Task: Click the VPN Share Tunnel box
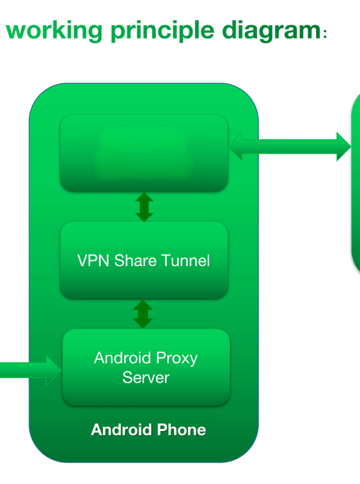(x=144, y=260)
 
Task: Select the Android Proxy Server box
(x=146, y=367)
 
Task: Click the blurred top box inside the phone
(x=144, y=153)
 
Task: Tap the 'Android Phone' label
(x=148, y=430)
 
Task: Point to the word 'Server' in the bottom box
(x=146, y=377)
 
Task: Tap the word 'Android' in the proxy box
(x=123, y=358)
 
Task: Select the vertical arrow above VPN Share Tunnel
(x=144, y=207)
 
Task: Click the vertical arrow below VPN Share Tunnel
(x=143, y=314)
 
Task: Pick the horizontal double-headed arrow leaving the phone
(x=290, y=146)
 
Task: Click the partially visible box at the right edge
(x=355, y=180)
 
